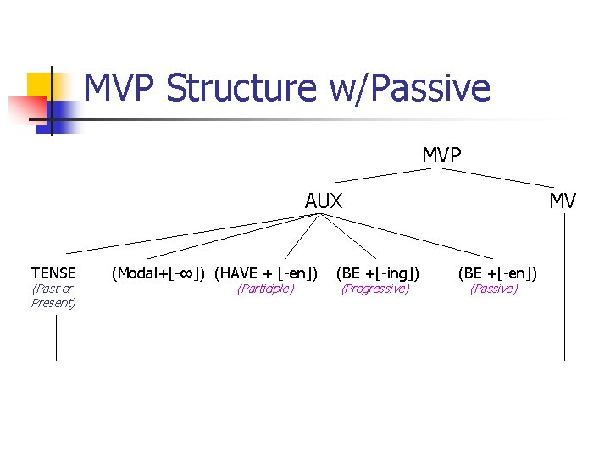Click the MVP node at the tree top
point(441,155)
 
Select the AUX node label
point(324,201)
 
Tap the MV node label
point(563,201)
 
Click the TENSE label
point(53,273)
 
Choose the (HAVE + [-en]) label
point(266,273)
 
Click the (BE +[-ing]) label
point(378,273)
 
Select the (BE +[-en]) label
point(497,273)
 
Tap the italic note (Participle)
point(265,289)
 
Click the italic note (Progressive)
point(374,289)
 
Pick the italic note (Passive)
point(494,289)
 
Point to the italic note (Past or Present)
point(53,296)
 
